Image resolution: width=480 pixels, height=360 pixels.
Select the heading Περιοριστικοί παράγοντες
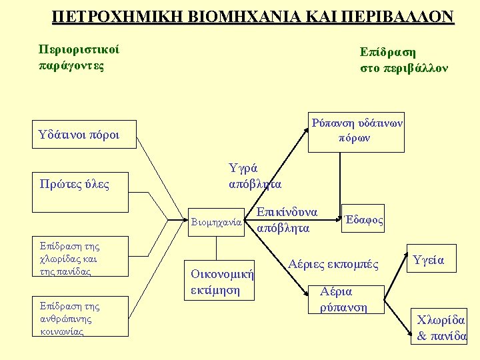coord(78,58)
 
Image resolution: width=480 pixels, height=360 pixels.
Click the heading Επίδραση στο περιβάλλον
coord(404,60)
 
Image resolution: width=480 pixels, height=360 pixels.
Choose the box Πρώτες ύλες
coord(75,183)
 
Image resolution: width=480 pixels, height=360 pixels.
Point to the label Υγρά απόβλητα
coord(255,175)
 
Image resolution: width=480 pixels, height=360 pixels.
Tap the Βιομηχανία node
coord(215,223)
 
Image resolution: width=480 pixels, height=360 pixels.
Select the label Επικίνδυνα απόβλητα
coord(287,220)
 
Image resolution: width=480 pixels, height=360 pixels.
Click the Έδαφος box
coord(363,219)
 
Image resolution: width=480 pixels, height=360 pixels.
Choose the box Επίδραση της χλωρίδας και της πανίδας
coord(70,259)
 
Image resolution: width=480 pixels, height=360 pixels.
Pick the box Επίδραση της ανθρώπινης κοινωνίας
coord(70,318)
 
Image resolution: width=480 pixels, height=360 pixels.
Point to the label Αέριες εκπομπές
coord(333,265)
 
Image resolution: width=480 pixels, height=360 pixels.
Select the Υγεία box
coord(429,260)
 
